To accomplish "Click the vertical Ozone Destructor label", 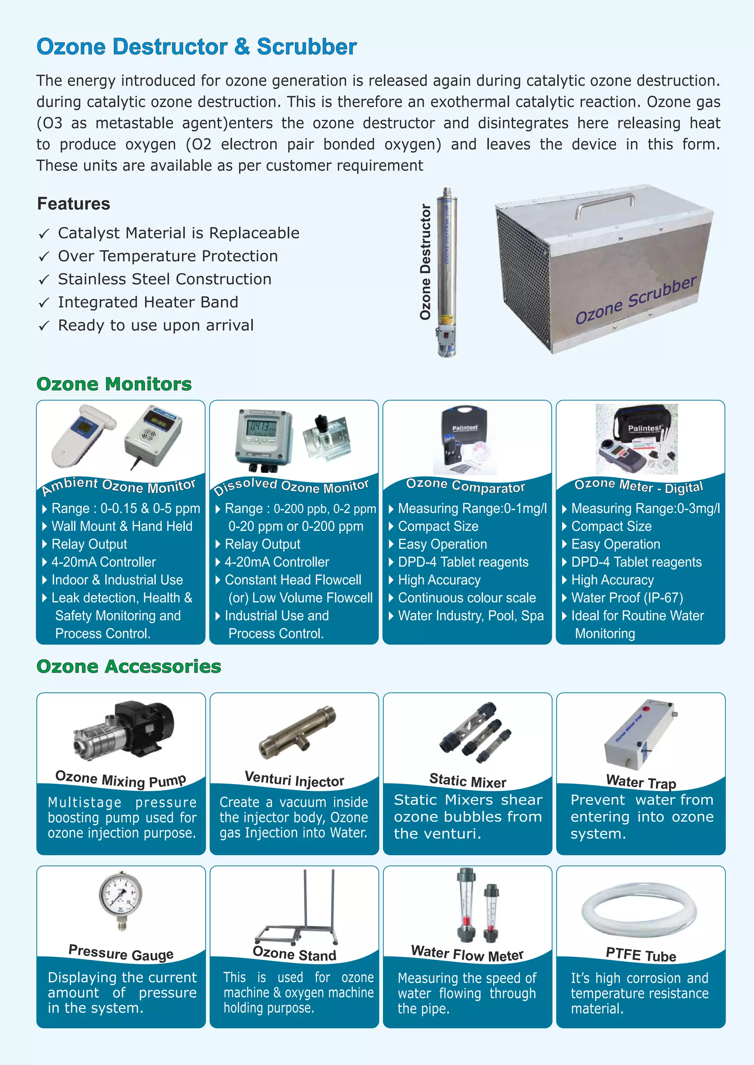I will pyautogui.click(x=425, y=262).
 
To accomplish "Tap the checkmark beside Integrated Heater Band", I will pyautogui.click(x=44, y=303).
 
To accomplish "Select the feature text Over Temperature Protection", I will pyautogui.click(x=168, y=256).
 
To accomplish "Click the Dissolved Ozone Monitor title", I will pyautogui.click(x=291, y=486).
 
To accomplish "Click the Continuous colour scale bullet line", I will pyautogui.click(x=466, y=598).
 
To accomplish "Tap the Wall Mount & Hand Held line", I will pyautogui.click(x=121, y=527).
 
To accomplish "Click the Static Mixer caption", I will pyautogui.click(x=468, y=781).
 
